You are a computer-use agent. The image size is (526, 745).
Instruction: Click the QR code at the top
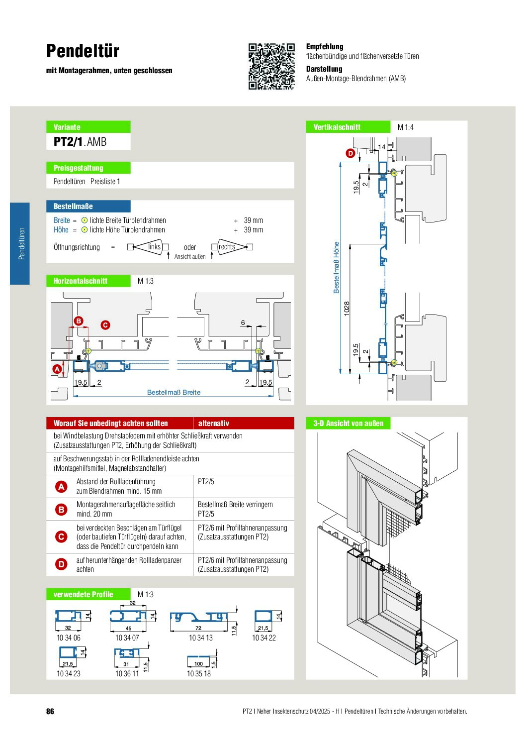click(x=271, y=66)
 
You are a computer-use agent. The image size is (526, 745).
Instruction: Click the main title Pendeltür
click(x=83, y=51)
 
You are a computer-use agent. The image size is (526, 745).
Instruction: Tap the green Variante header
click(x=88, y=127)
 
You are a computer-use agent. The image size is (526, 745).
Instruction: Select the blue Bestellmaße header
click(x=88, y=206)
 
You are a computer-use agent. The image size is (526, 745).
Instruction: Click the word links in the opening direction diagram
click(x=154, y=247)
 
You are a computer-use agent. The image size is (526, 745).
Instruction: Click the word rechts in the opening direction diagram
click(x=227, y=247)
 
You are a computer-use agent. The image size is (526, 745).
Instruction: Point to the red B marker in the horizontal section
click(x=79, y=321)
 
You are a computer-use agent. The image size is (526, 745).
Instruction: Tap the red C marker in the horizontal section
click(x=105, y=325)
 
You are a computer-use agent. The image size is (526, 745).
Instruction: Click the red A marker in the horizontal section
click(x=57, y=369)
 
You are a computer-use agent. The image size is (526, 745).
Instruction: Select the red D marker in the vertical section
click(x=351, y=153)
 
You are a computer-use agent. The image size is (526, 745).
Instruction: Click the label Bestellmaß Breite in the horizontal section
click(x=174, y=393)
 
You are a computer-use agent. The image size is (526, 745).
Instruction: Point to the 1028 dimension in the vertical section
click(x=347, y=308)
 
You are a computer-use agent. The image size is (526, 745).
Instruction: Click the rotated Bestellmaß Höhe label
click(x=337, y=267)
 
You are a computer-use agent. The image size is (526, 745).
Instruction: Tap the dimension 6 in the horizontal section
click(x=243, y=323)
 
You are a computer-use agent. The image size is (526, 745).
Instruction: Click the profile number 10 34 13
click(x=201, y=638)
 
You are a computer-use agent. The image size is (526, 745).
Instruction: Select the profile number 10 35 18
click(x=199, y=674)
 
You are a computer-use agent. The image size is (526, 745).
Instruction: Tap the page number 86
click(x=50, y=712)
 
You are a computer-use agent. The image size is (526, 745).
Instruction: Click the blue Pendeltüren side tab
click(x=20, y=243)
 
